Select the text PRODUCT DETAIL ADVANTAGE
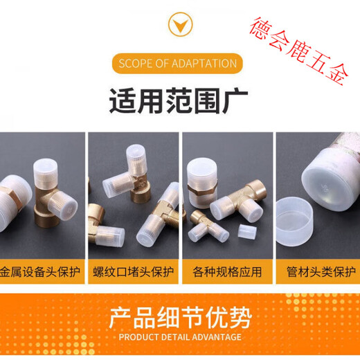pos(180,337)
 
